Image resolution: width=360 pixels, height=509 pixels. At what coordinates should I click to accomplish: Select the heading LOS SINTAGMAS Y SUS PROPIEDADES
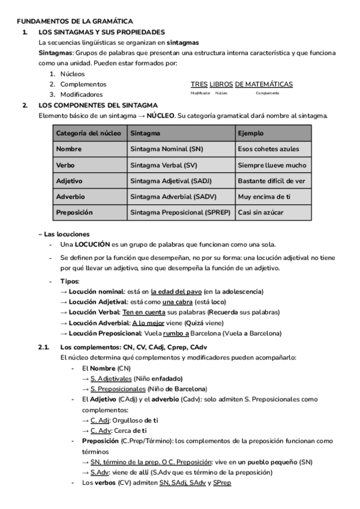point(101,32)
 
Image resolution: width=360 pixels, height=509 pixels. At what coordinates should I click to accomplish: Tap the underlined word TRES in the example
point(199,84)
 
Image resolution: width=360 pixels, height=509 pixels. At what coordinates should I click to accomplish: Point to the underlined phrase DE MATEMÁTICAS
point(263,84)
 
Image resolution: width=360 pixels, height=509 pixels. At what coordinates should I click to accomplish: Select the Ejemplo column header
point(250,133)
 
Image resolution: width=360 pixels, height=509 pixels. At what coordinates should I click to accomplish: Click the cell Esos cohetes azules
point(268,149)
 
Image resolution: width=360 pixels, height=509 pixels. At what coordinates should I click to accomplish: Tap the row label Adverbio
point(70,196)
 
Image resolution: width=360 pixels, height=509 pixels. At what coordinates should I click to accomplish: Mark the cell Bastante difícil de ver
point(271,180)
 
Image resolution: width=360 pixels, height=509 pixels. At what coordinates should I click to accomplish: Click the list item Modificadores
point(82,94)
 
